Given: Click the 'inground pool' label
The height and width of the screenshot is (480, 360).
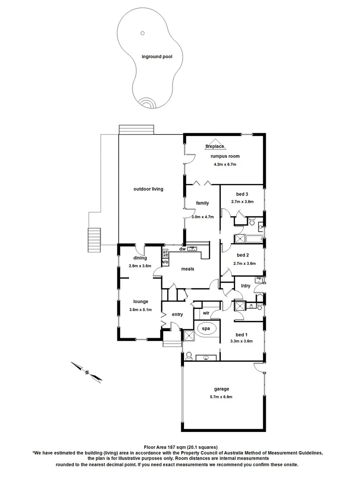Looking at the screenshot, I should [156, 56].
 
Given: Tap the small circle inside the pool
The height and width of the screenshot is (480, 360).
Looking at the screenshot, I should [143, 32].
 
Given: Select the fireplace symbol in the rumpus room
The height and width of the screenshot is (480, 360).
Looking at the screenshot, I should [215, 146].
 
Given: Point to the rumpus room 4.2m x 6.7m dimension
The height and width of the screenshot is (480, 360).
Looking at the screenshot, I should [224, 164].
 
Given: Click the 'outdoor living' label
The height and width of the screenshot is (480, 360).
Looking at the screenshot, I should [148, 189].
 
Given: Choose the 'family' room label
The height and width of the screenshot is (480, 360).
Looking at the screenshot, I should [203, 203].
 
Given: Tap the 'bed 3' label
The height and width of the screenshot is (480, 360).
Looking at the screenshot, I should [242, 194].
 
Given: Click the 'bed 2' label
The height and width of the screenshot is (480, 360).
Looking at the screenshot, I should [242, 255].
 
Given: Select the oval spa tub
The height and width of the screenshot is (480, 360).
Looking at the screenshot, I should [206, 329].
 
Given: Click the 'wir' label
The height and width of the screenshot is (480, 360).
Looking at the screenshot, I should [206, 313].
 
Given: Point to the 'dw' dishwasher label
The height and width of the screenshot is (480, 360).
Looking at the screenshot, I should [182, 249].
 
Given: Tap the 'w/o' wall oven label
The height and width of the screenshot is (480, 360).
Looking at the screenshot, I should [165, 262].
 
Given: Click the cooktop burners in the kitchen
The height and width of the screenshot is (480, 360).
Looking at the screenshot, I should [165, 254].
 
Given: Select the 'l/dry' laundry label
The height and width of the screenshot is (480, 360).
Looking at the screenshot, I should [245, 286].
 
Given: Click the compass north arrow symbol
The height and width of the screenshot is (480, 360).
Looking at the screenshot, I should [87, 372].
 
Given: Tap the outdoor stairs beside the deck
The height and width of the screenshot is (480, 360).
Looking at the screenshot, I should [95, 240].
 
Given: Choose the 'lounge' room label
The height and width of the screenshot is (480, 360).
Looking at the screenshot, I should [141, 301].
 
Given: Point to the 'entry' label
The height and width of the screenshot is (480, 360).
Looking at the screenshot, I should [177, 315].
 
